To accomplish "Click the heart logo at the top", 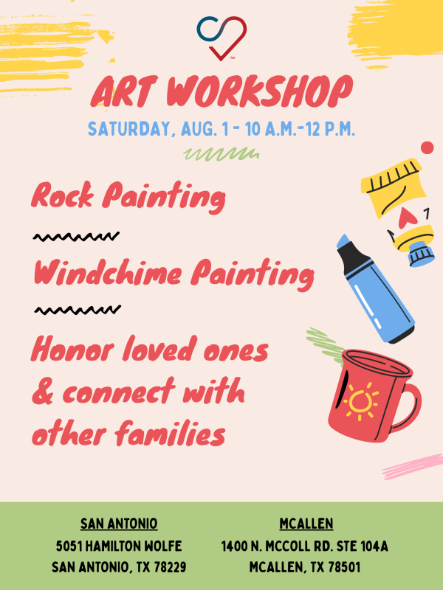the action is (x=221, y=38).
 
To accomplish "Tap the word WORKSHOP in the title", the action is (x=260, y=91).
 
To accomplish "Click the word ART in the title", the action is (x=123, y=91).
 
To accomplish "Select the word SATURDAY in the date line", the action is (x=128, y=129).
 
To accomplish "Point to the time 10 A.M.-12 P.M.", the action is (x=300, y=128).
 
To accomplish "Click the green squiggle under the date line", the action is (x=221, y=153).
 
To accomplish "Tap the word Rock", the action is (x=62, y=195).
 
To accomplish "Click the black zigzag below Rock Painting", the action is (x=76, y=237).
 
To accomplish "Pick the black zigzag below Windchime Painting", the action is (x=78, y=310).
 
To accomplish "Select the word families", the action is (x=170, y=433).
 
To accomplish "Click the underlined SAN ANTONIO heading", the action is (x=119, y=524).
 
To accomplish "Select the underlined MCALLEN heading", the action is (x=306, y=524).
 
